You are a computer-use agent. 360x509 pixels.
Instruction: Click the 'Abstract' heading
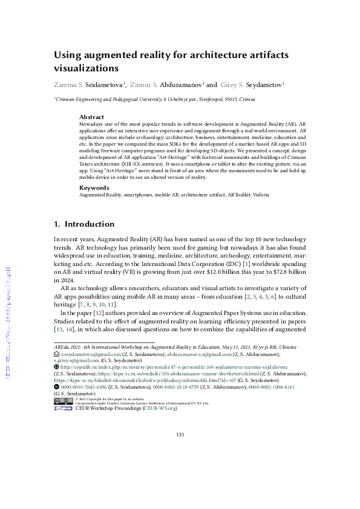[x=91, y=117]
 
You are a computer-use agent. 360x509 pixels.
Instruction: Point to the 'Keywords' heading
[x=94, y=188]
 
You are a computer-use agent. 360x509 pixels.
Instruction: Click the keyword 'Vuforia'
[x=258, y=195]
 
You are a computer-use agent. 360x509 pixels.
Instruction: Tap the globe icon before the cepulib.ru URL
[x=56, y=367]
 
